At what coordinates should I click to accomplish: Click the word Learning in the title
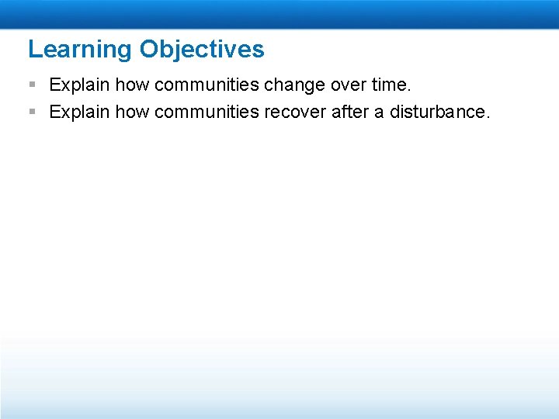tap(81, 50)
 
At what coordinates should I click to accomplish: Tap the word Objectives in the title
tap(202, 50)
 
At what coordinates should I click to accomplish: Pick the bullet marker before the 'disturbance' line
tap(32, 113)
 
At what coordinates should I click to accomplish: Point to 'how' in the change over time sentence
tap(132, 84)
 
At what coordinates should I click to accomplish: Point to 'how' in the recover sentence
tap(132, 113)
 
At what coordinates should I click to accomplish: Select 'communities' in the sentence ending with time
tap(207, 84)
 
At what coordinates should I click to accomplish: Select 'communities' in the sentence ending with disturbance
tap(207, 113)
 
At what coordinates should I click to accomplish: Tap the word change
tap(293, 84)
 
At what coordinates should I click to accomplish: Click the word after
tap(350, 113)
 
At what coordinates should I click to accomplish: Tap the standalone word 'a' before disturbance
tap(379, 113)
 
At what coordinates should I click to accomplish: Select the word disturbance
tap(437, 113)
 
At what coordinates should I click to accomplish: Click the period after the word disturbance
tap(488, 117)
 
